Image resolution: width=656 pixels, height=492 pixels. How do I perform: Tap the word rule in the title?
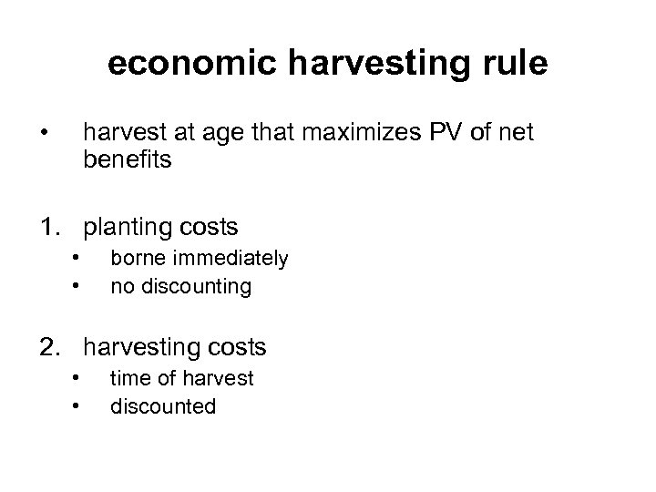514,64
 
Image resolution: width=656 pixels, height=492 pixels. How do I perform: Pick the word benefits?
127,161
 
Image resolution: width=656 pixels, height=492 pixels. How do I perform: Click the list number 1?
49,225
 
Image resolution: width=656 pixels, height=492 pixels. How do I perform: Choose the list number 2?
49,347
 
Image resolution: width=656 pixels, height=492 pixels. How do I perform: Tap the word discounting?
193,286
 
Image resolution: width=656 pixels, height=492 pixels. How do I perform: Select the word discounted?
163,405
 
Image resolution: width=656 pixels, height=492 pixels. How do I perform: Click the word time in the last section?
130,378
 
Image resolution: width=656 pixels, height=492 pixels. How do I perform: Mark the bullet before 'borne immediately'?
79,257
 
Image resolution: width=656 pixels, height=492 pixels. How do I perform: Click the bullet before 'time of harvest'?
79,376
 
